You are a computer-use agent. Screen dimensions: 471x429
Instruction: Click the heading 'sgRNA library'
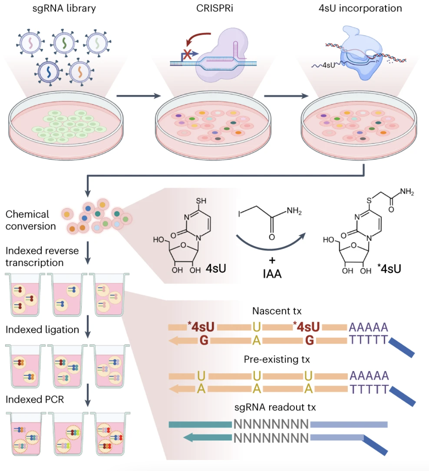[x=64, y=8]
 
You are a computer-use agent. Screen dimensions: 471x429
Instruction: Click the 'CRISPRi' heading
[x=214, y=8]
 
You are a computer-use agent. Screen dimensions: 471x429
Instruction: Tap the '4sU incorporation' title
[x=360, y=8]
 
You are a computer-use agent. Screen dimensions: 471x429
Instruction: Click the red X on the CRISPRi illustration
[x=187, y=54]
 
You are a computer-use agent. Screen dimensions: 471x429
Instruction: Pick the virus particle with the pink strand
[x=31, y=43]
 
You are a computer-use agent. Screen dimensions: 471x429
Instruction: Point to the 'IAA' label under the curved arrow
[x=272, y=274]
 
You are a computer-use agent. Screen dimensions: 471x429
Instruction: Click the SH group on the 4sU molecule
[x=201, y=201]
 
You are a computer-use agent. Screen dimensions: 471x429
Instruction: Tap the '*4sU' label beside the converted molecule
[x=389, y=269]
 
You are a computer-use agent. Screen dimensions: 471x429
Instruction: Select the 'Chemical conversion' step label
[x=30, y=220]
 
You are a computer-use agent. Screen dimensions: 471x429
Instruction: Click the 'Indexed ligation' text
[x=42, y=329]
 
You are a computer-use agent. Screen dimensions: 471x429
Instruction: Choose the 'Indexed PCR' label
[x=35, y=399]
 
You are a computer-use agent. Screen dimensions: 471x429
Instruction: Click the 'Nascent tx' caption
[x=277, y=311]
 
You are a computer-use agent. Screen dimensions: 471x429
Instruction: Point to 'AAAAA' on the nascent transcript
[x=368, y=327]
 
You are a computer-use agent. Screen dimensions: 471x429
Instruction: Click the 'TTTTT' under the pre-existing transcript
[x=369, y=389]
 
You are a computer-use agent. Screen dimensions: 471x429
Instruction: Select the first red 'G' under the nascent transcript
[x=204, y=340]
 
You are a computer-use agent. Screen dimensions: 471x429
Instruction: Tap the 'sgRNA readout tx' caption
[x=275, y=407]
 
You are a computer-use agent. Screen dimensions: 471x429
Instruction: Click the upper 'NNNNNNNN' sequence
[x=271, y=424]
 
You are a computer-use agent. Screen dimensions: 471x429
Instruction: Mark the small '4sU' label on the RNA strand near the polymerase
[x=328, y=65]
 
